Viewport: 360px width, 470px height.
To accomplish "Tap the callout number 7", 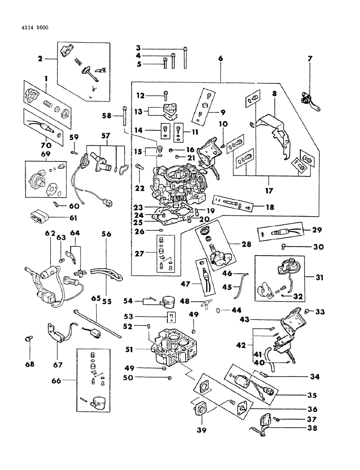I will pos(310,58).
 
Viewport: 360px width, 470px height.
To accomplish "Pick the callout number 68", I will pos(29,364).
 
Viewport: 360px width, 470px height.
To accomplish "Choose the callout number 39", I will pos(202,430).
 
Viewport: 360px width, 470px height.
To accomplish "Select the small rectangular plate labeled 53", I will pos(172,317).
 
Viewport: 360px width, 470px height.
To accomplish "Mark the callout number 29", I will pos(317,230).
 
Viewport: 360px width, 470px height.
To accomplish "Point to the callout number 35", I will pos(312,395).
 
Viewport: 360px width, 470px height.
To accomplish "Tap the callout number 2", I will pos(39,58).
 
